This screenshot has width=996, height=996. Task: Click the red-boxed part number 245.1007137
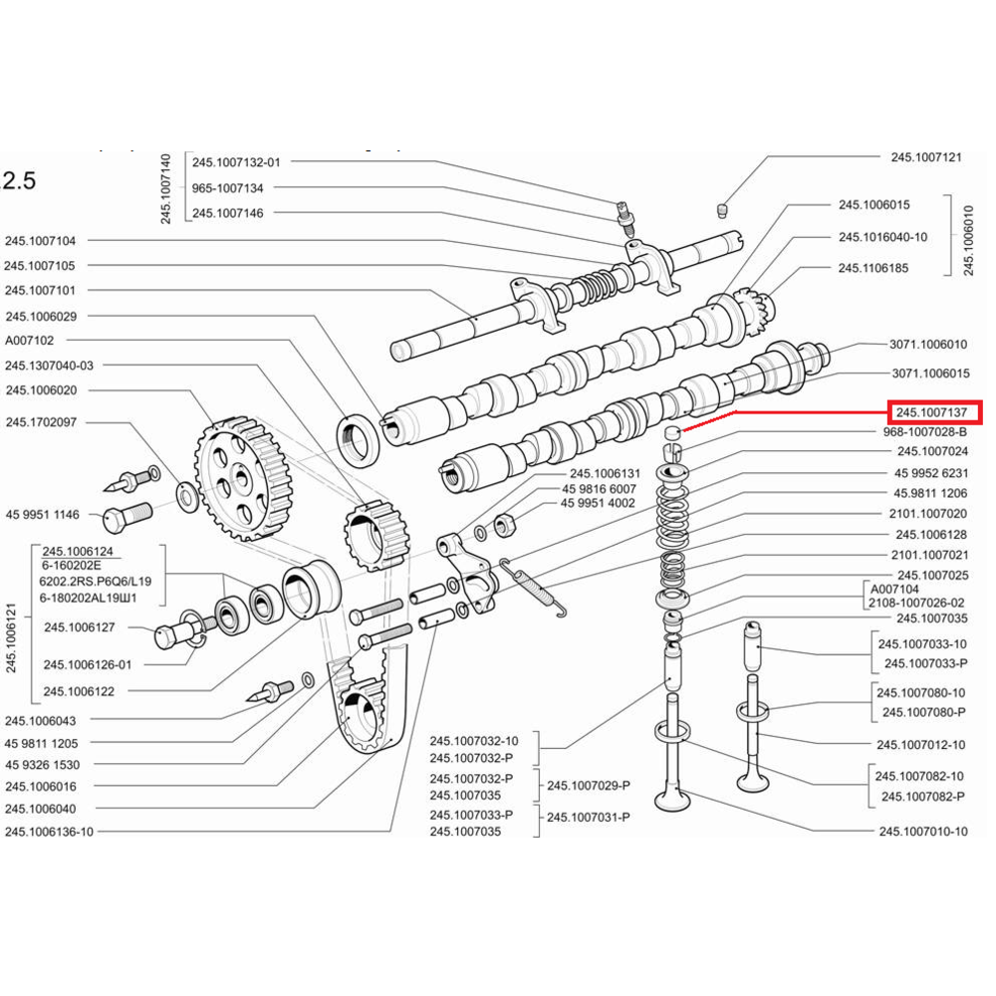[x=933, y=411]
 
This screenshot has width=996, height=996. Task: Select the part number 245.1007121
[x=925, y=157]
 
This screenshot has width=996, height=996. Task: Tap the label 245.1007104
[x=46, y=240]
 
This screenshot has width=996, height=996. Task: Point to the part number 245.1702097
[x=46, y=422]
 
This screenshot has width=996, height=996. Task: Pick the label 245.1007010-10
[x=922, y=831]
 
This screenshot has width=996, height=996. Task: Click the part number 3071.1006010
[x=927, y=345]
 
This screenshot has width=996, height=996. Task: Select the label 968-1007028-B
[x=925, y=433]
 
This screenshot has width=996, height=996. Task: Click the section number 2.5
[x=19, y=180]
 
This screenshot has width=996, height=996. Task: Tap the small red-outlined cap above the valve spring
[x=673, y=433]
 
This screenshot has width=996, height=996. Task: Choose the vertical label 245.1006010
[x=967, y=239]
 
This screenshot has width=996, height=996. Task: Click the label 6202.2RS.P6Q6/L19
[x=96, y=581]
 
